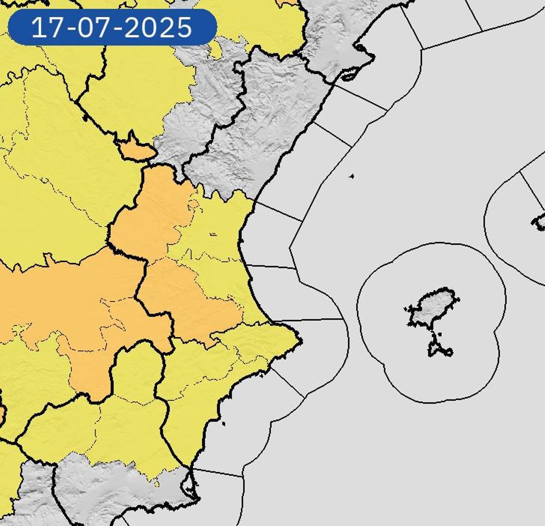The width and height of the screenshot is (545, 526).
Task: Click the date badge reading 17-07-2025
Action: pyautogui.click(x=112, y=27)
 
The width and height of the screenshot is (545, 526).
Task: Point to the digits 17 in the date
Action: pyautogui.click(x=47, y=28)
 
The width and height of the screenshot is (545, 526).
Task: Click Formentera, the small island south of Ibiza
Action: pyautogui.click(x=439, y=349)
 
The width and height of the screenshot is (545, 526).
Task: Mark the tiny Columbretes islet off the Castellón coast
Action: pyautogui.click(x=352, y=176)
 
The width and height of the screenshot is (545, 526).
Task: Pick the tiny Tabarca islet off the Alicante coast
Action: pyautogui.click(x=224, y=424)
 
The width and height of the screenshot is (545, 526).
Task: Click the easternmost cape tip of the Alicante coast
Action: pyautogui.click(x=299, y=340)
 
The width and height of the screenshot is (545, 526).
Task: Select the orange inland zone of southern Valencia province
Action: pyautogui.click(x=191, y=300)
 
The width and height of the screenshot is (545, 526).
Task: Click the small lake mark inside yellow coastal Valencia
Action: pyautogui.click(x=213, y=235)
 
